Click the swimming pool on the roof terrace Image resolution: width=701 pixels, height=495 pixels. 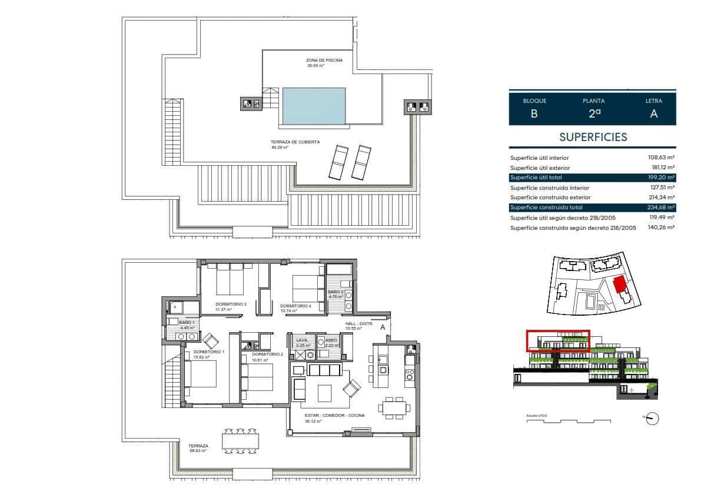313,106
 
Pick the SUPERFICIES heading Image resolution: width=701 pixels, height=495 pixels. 593,138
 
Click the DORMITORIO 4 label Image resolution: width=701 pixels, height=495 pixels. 295,306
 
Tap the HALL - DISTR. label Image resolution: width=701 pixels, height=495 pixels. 358,324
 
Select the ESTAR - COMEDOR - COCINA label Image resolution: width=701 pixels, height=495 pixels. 335,416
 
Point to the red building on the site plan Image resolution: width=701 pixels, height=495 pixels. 619,285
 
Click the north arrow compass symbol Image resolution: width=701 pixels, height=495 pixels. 653,419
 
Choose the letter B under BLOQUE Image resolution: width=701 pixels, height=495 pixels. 534,114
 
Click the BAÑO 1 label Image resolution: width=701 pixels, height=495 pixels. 187,323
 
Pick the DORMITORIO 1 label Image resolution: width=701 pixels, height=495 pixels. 208,352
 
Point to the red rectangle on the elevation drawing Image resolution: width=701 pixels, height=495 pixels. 557,342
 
